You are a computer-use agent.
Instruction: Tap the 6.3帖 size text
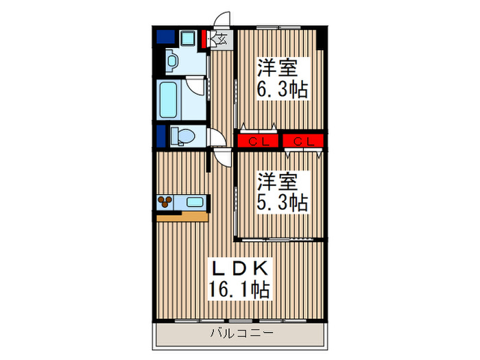point(282,88)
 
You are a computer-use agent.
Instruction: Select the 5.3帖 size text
point(282,202)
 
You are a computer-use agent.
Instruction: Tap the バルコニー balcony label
point(241,334)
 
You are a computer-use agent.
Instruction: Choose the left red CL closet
point(258,142)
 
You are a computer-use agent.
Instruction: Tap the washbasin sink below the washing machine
point(172,62)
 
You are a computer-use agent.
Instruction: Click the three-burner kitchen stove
point(167,202)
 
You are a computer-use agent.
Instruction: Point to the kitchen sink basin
point(195,202)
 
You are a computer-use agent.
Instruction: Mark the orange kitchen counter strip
point(182,217)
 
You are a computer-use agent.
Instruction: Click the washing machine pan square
point(188,38)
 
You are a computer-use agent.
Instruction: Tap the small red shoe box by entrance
point(205,37)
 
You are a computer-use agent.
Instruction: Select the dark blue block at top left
point(165,37)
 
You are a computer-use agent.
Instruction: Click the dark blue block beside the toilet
point(161,136)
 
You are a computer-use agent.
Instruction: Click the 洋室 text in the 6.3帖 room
point(278,68)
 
